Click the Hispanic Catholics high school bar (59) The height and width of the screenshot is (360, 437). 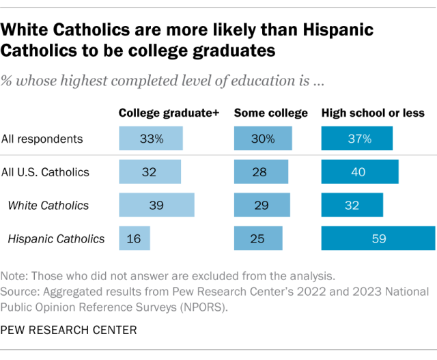point(378,238)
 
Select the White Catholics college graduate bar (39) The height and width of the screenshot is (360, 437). point(156,205)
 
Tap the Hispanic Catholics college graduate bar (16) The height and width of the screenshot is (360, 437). point(135,238)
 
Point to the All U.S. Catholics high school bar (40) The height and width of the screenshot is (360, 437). point(360,172)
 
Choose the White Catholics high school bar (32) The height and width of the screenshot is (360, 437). point(352,205)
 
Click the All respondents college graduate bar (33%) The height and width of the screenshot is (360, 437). point(151,139)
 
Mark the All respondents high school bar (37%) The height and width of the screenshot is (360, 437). point(357,139)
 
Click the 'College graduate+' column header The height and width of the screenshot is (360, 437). point(169,113)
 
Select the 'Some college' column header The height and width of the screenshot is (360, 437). point(270,113)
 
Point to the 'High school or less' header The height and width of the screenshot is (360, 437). point(373,113)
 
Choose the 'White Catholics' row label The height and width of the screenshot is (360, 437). point(49,205)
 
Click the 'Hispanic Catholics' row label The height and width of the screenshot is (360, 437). point(56,238)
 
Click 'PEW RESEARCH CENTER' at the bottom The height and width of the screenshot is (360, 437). point(69,330)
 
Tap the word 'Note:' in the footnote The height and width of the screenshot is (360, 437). point(15,277)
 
